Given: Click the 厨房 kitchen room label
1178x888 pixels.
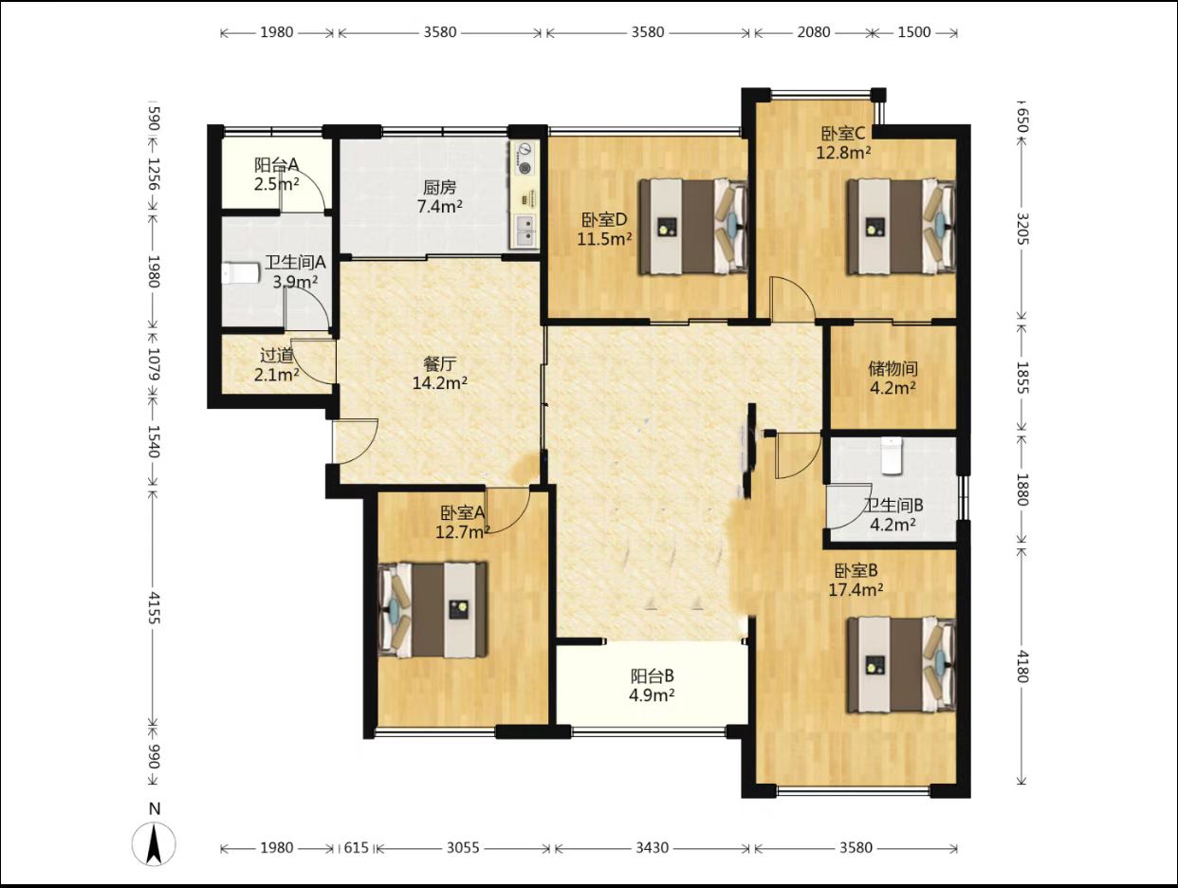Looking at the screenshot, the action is click(439, 187).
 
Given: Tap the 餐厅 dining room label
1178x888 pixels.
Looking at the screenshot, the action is click(439, 364).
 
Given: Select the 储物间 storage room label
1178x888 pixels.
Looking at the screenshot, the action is click(893, 369).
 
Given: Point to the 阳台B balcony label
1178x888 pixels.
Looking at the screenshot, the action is click(652, 676).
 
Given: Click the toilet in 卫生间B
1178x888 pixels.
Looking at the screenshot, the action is click(892, 456).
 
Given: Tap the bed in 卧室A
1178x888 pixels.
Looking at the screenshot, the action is click(433, 609).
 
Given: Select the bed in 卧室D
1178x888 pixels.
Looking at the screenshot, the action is click(693, 227).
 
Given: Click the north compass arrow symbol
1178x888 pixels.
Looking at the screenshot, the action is click(154, 845).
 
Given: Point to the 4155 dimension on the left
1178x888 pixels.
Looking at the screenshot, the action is click(154, 608).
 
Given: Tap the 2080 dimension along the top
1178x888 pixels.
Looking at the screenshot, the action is click(813, 32).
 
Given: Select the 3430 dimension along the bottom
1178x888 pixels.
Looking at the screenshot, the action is click(652, 848).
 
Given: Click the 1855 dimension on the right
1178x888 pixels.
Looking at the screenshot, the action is click(1022, 378).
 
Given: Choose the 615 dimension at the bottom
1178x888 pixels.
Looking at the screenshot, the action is click(356, 848).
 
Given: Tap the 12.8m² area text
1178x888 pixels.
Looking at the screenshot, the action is click(843, 153).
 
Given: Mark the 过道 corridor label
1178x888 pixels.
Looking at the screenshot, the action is click(277, 355).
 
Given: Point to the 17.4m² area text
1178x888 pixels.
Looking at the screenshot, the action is click(856, 590).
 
